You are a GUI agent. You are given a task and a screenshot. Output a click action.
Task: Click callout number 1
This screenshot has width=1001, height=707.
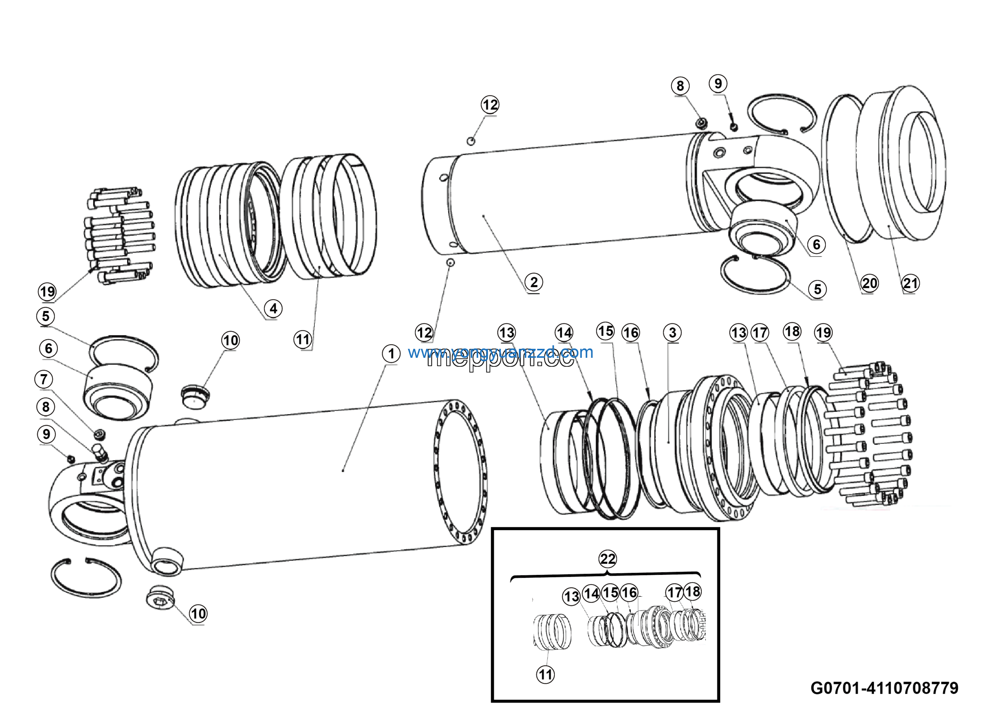[391, 353]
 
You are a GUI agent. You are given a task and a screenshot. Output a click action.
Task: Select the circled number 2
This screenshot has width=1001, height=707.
[534, 282]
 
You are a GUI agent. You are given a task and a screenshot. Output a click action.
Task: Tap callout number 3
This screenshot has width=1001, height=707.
[672, 332]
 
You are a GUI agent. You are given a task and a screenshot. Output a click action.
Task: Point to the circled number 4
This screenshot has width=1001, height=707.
[273, 309]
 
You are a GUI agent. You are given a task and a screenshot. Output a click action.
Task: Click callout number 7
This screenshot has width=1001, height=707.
[43, 379]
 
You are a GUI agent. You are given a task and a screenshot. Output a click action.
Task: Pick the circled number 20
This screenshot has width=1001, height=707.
[869, 284]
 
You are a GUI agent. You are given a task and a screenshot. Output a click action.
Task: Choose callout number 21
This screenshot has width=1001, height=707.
[910, 284]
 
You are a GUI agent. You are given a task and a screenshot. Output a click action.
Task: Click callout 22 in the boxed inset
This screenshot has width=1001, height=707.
[608, 559]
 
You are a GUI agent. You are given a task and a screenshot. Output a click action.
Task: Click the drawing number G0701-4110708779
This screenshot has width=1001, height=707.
[884, 688]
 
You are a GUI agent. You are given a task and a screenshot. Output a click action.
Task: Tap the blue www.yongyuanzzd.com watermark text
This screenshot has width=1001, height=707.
[500, 352]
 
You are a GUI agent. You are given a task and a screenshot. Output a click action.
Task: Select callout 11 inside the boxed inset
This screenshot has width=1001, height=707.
[545, 675]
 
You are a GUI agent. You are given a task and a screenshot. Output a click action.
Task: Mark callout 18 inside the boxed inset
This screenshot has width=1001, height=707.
[692, 592]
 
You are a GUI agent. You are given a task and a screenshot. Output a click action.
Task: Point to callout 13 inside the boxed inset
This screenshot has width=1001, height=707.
[572, 597]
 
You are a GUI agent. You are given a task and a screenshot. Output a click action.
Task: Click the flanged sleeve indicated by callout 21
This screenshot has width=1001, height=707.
[902, 166]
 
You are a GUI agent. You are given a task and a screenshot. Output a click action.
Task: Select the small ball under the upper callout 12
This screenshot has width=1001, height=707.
[471, 141]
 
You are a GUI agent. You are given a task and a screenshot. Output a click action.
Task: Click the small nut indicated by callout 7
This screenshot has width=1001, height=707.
[100, 434]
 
